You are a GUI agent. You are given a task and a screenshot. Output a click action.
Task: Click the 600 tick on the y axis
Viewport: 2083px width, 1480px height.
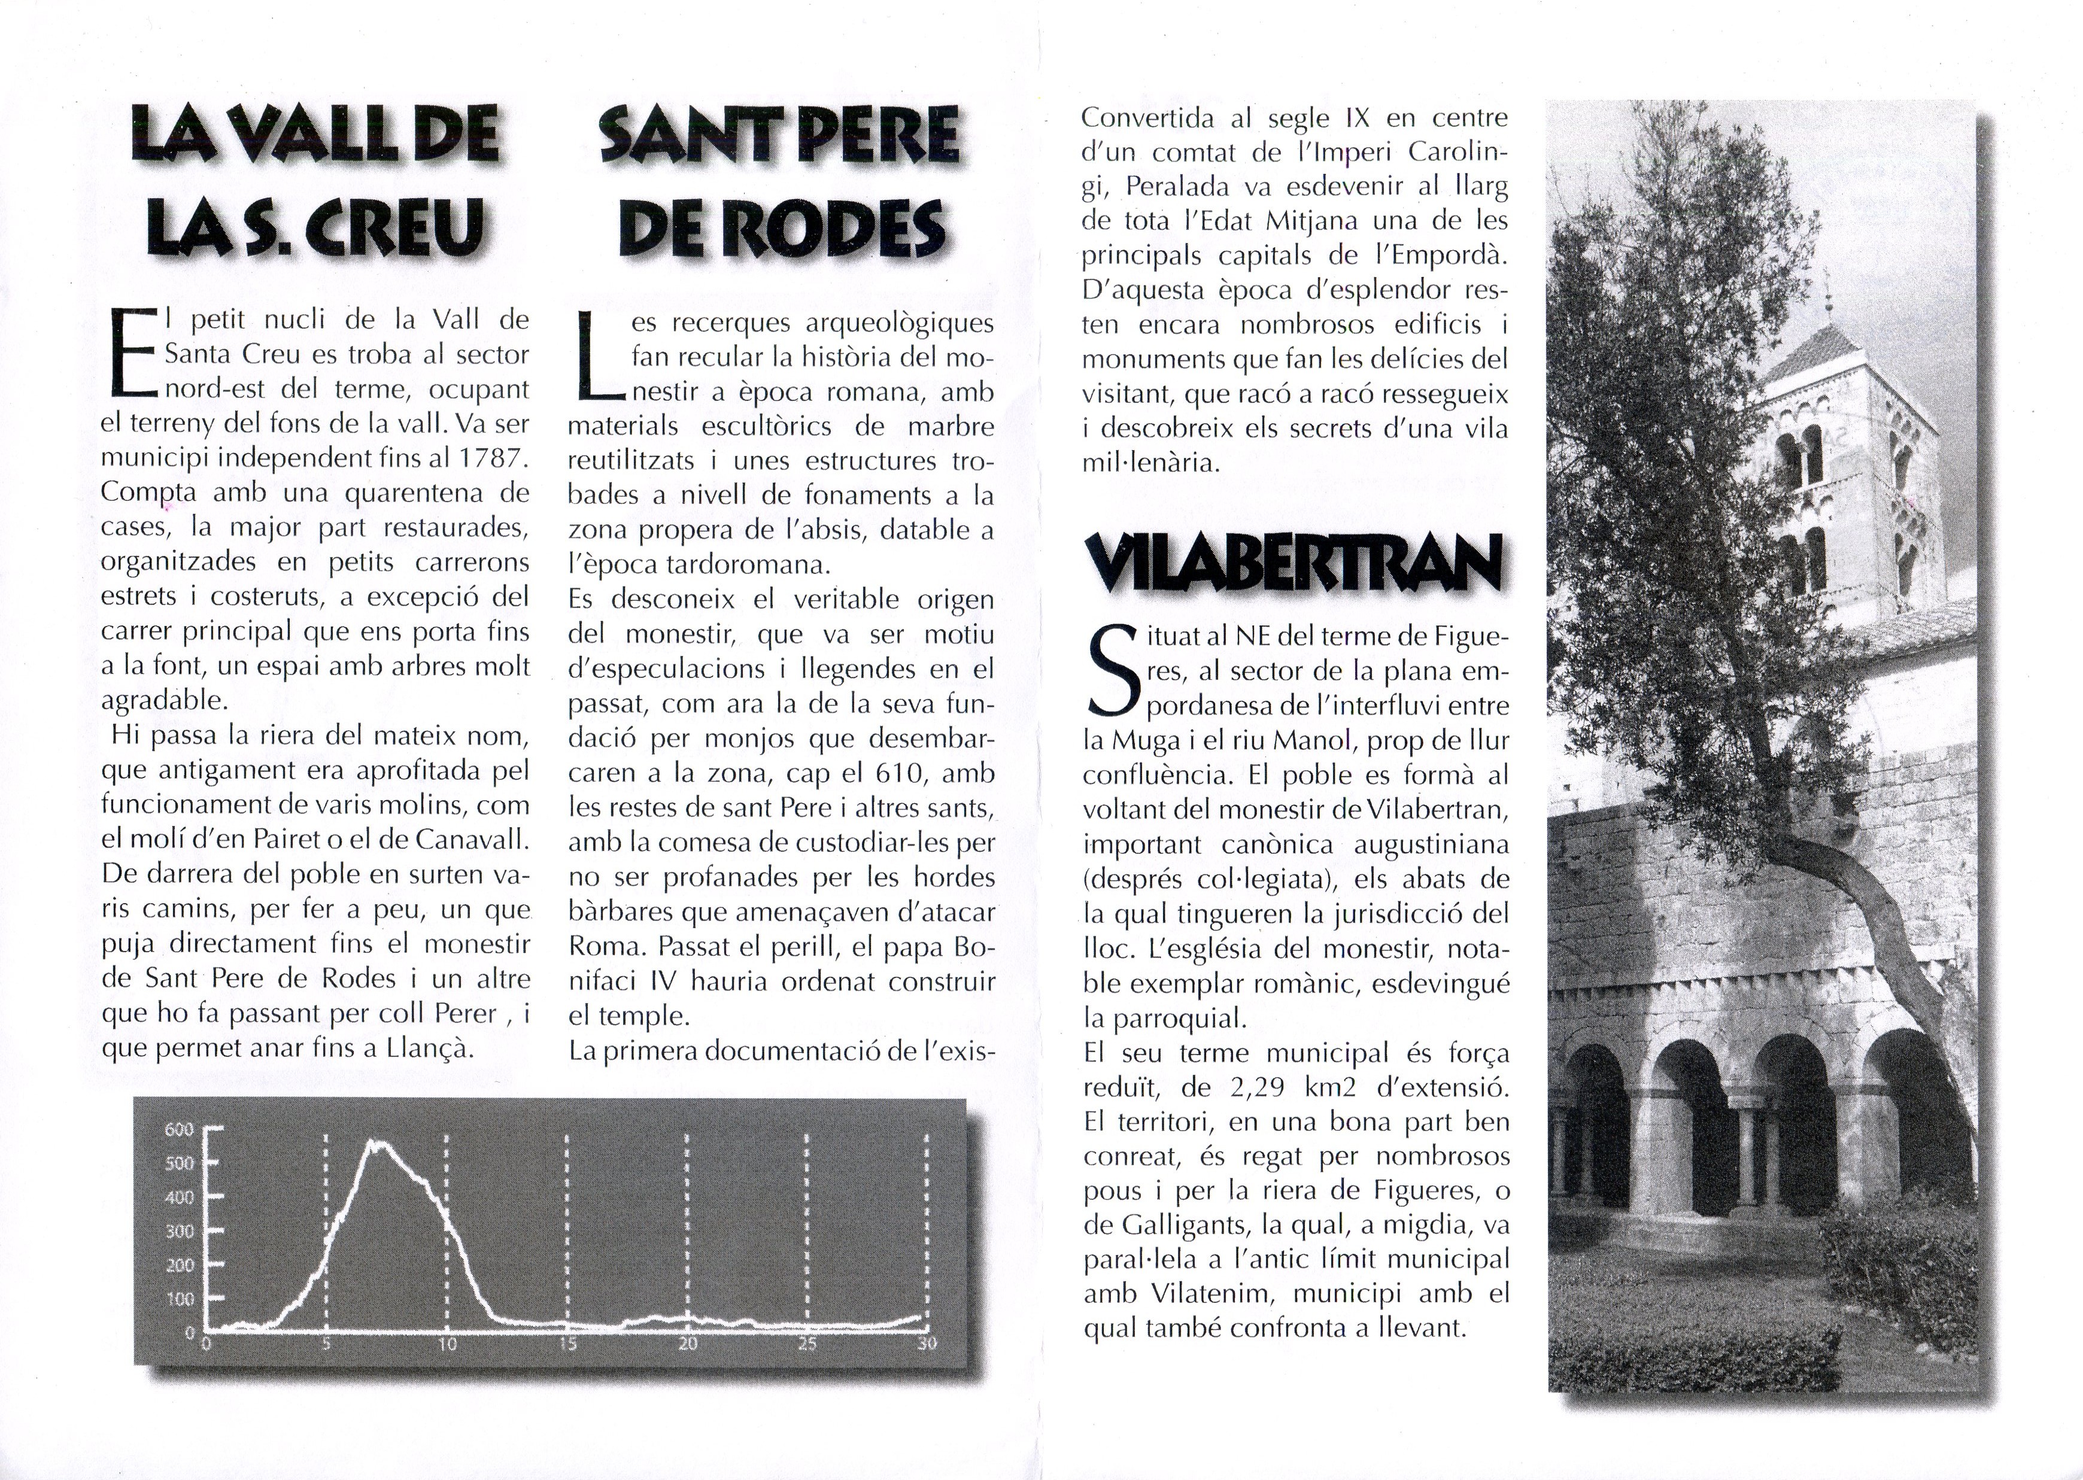click(x=180, y=1130)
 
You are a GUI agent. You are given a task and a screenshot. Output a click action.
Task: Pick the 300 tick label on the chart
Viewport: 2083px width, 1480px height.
click(x=180, y=1231)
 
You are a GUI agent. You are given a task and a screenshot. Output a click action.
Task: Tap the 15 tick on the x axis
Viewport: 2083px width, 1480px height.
click(x=567, y=1344)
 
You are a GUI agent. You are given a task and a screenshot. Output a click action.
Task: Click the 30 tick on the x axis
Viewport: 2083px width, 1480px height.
click(x=926, y=1344)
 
